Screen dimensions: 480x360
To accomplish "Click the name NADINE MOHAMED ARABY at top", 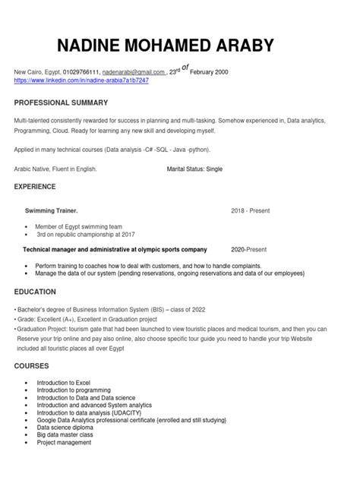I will tap(179, 45).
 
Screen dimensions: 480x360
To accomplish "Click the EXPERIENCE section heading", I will tap(35, 185).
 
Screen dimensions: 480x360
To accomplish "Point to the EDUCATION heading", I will tap(34, 291).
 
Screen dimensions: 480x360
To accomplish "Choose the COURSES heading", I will tap(32, 366).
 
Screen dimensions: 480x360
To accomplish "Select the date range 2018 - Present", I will tap(251, 210).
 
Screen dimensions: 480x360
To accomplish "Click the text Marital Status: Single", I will tap(201, 169).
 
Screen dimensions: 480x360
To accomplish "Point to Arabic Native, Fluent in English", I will tap(56, 169).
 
